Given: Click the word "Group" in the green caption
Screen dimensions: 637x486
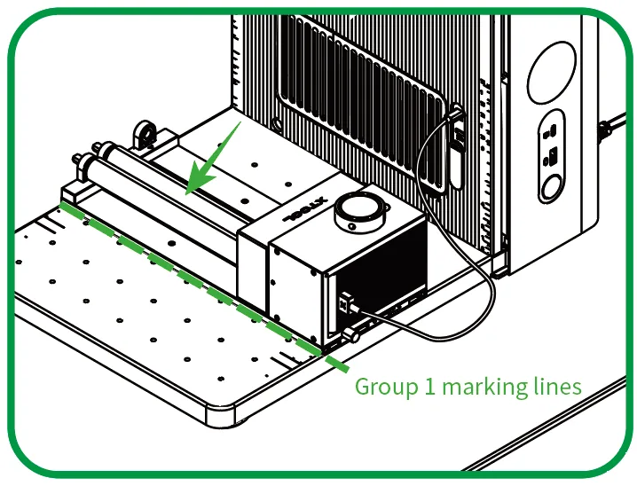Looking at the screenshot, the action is click(x=386, y=387).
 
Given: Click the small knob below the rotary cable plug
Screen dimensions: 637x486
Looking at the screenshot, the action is click(x=351, y=336).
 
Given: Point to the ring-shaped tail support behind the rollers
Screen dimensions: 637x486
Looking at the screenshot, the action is click(x=145, y=133).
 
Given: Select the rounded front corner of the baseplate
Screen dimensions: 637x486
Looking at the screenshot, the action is click(x=223, y=410).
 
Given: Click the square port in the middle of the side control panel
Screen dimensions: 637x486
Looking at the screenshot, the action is click(x=553, y=155).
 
